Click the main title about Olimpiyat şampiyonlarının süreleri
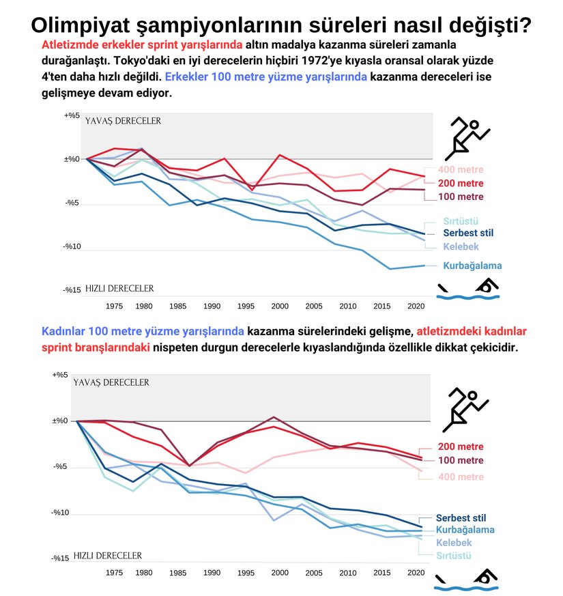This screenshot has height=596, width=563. (x=282, y=25)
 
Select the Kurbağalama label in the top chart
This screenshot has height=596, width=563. (x=472, y=266)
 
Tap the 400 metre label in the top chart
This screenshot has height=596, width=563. (x=460, y=169)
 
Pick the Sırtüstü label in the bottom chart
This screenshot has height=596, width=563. (x=453, y=556)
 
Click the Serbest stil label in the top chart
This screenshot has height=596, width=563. (x=468, y=233)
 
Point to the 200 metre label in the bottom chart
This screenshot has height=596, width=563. (x=460, y=446)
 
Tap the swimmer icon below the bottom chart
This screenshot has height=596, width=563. (x=467, y=578)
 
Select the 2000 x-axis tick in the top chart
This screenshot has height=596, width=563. (x=279, y=307)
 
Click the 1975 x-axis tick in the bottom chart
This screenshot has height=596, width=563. (x=115, y=574)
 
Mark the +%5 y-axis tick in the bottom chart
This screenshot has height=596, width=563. (x=61, y=375)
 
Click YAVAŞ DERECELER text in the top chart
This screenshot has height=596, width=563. (x=123, y=121)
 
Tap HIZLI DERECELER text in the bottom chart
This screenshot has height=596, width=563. (x=107, y=556)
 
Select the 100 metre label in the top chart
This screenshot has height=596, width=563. (x=460, y=197)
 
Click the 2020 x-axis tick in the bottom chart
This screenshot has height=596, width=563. (x=416, y=574)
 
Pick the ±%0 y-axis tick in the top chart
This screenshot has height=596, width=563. (x=72, y=159)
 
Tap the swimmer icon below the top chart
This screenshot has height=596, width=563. (x=467, y=289)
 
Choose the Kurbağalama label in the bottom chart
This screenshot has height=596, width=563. (x=465, y=529)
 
